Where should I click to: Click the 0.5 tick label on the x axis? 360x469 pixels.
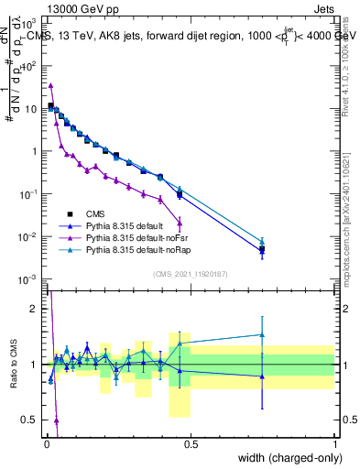(x=191, y=444)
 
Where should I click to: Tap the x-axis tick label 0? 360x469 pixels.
(x=46, y=444)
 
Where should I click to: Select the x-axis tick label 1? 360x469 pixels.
(x=334, y=444)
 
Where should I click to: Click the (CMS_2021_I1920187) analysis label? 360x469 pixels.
(x=191, y=273)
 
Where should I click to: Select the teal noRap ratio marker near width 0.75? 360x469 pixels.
(x=262, y=334)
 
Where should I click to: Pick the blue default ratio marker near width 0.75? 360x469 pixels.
(x=262, y=376)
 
